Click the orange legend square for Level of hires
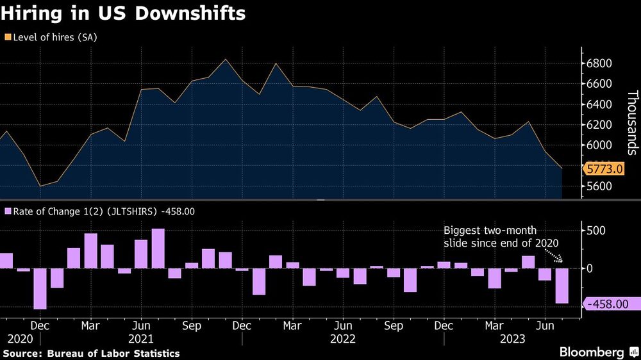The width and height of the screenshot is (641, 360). (7, 37)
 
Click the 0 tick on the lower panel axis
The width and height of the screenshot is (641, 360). (590, 268)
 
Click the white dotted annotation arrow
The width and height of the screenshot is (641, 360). (553, 256)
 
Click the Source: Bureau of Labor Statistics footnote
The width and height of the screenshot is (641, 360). (91, 354)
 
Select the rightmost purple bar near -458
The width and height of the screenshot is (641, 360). (562, 286)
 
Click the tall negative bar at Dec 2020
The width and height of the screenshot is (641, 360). (40, 288)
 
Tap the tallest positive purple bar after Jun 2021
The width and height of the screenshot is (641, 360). (158, 249)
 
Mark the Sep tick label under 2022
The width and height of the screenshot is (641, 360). (394, 326)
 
